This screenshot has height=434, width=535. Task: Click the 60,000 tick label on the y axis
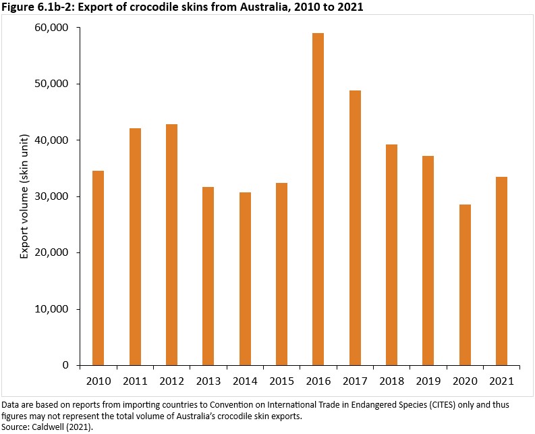pyautogui.click(x=52, y=28)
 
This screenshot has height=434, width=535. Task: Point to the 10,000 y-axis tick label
pyautogui.click(x=52, y=309)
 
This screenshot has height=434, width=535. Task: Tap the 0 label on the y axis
pyautogui.click(x=65, y=365)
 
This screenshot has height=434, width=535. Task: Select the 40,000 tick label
pyautogui.click(x=52, y=140)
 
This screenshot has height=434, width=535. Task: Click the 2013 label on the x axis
pyautogui.click(x=208, y=382)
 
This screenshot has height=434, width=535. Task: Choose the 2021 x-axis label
pyautogui.click(x=501, y=382)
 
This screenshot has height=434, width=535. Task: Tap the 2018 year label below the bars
pyautogui.click(x=391, y=382)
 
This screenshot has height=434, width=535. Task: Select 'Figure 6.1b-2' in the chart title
pyautogui.click(x=34, y=7)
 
